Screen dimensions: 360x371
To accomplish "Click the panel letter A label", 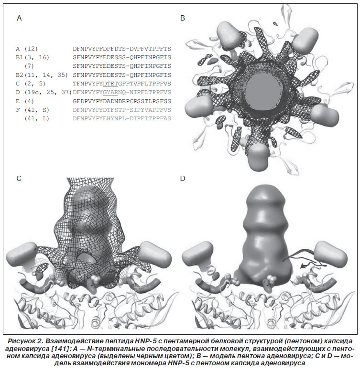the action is tap(19, 18).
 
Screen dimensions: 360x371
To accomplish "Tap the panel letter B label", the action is tap(182, 18).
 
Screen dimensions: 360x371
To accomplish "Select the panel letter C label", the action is tap(19, 179).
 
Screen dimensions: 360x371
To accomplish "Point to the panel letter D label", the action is tap(182, 179).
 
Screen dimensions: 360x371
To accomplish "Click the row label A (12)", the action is tap(27, 49).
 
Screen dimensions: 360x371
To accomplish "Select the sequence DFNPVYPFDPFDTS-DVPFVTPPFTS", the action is tap(122, 49).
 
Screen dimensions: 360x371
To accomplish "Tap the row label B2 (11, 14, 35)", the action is tap(42, 75).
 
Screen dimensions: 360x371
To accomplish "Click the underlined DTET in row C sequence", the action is tap(110, 84).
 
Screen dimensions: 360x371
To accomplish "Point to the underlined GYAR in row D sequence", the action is tap(110, 92).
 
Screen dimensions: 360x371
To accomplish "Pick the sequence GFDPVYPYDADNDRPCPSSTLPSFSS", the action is tap(122, 101).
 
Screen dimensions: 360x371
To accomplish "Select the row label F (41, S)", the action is tap(33, 110).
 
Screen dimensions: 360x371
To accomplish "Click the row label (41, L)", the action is tap(37, 118).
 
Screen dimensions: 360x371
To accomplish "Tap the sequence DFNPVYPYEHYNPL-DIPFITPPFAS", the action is tap(122, 118).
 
